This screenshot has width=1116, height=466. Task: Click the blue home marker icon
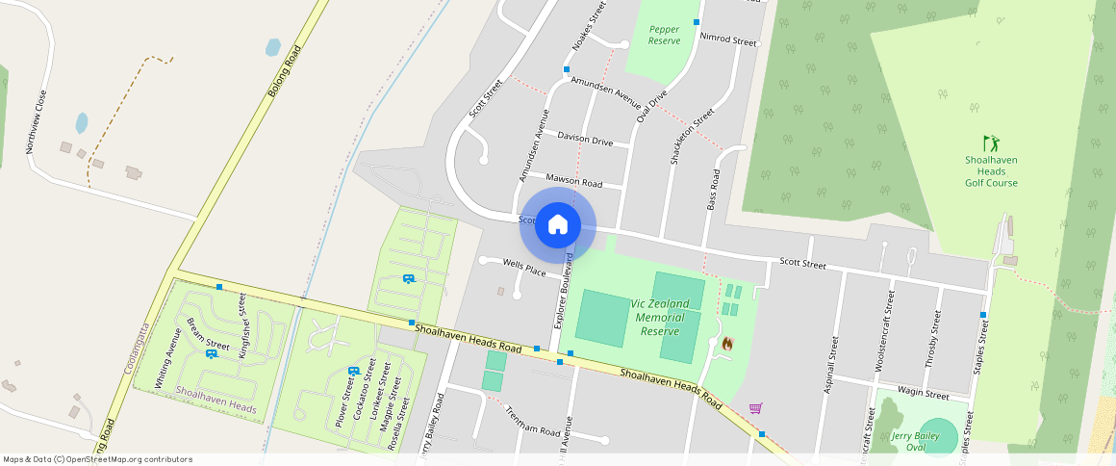click(558, 225)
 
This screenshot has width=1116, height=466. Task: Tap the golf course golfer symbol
click(991, 143)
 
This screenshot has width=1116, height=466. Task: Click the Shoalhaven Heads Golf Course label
click(991, 171)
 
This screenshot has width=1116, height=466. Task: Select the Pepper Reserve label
click(664, 36)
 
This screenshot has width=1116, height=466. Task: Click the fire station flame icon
click(727, 343)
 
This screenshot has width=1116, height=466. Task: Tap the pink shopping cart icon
click(755, 408)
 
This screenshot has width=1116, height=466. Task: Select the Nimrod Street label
click(728, 39)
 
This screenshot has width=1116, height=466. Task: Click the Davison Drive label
click(585, 141)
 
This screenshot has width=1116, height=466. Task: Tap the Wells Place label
click(524, 267)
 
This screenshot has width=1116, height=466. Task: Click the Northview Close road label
click(36, 122)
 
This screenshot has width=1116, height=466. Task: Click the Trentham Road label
click(532, 423)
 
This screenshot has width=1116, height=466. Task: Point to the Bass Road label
click(713, 190)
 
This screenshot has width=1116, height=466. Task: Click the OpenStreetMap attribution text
click(97, 459)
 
